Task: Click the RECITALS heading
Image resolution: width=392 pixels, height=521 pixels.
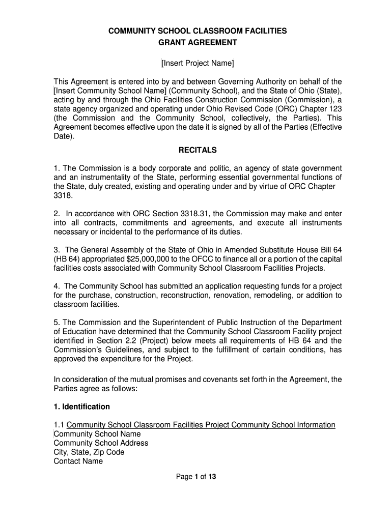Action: click(x=198, y=150)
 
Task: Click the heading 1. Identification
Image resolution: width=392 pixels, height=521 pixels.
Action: click(x=81, y=407)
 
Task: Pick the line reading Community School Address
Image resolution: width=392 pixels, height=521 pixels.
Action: click(x=101, y=443)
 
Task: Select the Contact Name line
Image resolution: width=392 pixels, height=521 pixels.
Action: click(x=78, y=461)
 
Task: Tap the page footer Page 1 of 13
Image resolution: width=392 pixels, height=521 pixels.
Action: click(x=197, y=477)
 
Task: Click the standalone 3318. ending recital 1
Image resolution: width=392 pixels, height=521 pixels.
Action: click(x=62, y=195)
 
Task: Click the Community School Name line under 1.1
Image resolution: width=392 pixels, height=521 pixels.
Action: click(x=97, y=434)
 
